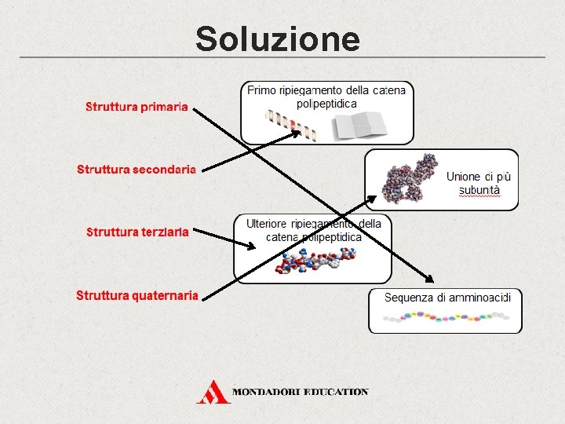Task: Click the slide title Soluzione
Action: [278, 38]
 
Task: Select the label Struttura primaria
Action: [137, 107]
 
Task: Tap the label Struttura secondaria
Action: [136, 169]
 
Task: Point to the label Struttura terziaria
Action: [137, 232]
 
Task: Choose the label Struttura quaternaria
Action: [137, 295]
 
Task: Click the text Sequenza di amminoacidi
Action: [447, 298]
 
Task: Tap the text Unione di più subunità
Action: [479, 184]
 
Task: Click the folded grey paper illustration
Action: [358, 126]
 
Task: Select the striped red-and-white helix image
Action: [290, 125]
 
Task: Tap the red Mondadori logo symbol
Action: [213, 392]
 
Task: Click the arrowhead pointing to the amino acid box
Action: [428, 279]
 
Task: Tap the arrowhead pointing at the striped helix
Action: [296, 132]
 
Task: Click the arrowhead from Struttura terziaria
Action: [251, 247]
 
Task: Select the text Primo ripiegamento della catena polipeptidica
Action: [326, 97]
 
